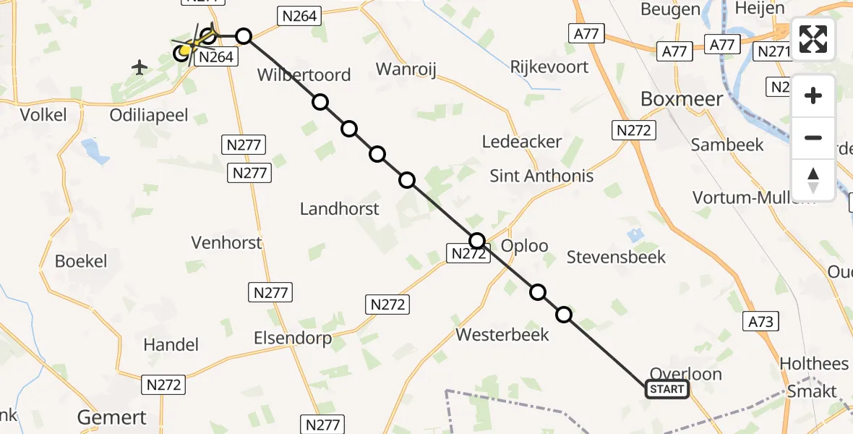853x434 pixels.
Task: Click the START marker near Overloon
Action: point(666,390)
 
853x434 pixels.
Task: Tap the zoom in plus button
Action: point(813,95)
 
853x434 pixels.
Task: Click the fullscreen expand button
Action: point(813,39)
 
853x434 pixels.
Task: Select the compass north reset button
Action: point(813,179)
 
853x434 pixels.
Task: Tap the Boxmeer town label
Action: point(682,99)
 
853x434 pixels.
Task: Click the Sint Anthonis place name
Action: point(541,176)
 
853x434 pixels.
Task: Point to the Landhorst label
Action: point(339,209)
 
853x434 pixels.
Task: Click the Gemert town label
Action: point(112,417)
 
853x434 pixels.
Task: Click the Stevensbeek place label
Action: point(616,257)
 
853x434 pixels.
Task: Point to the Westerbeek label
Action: point(502,334)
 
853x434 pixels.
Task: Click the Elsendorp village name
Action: point(292,338)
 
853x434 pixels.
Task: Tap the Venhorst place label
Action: point(226,242)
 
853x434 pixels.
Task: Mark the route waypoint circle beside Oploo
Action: point(477,241)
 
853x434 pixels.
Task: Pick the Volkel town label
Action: point(43,114)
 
